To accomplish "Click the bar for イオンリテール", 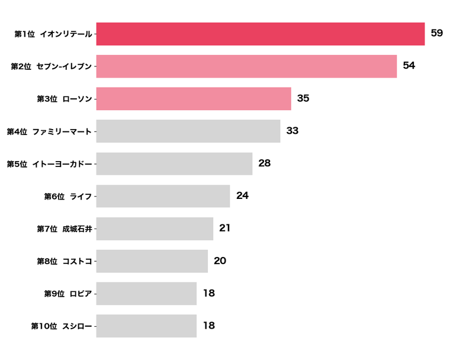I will coord(260,34).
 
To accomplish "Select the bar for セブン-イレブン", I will coord(246,66).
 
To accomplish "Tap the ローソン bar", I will coord(194,99).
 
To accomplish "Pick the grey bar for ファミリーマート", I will coord(188,131).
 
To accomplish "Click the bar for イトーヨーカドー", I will coord(174,163).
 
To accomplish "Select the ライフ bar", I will coord(163,196).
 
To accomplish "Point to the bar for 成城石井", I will coord(155,229).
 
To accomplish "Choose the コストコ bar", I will coord(152,261).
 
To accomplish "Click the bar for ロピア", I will coord(146,293).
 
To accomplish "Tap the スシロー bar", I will coord(146,326).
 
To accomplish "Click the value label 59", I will coord(437,33).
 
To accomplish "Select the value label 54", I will coord(409,66).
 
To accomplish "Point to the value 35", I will coord(303,98).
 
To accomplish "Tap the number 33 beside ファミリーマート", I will coord(292,131).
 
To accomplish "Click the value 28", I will coord(265,163).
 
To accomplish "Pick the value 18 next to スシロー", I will coord(208,326).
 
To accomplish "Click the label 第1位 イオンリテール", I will coord(53,34).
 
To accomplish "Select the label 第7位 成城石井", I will coord(65,229).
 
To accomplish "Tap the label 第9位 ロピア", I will coord(68,294).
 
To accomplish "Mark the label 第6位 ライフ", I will coord(68,197).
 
